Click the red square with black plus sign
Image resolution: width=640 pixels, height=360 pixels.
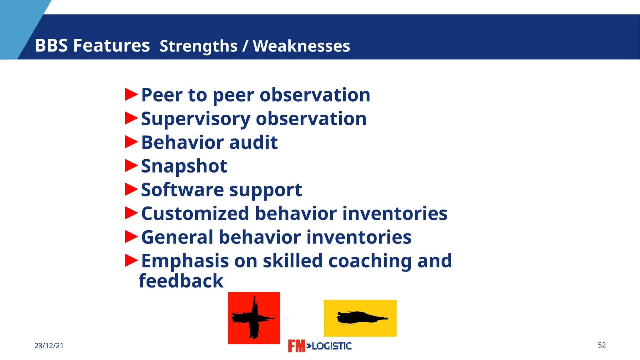coord(254,318)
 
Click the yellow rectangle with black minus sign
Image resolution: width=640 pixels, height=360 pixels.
coord(360,318)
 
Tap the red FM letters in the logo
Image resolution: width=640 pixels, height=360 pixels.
coord(296,346)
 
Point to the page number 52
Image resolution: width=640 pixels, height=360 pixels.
coord(602,345)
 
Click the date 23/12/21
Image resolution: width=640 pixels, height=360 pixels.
coord(49,346)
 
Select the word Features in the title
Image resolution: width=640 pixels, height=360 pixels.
coord(111,46)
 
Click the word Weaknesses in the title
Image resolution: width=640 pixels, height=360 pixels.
coord(301,46)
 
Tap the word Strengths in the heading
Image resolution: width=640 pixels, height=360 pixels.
coord(198,46)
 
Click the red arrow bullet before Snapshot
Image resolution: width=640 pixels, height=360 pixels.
coord(131,166)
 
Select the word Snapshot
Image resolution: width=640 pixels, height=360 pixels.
coord(184,166)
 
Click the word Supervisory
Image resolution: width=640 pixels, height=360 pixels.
coord(196,119)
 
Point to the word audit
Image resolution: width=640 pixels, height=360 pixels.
coord(253,142)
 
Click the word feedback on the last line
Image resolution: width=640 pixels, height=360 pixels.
coord(181,281)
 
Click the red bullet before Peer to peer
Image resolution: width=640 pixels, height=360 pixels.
coord(131,94)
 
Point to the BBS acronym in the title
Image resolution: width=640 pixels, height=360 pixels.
coord(51,46)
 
